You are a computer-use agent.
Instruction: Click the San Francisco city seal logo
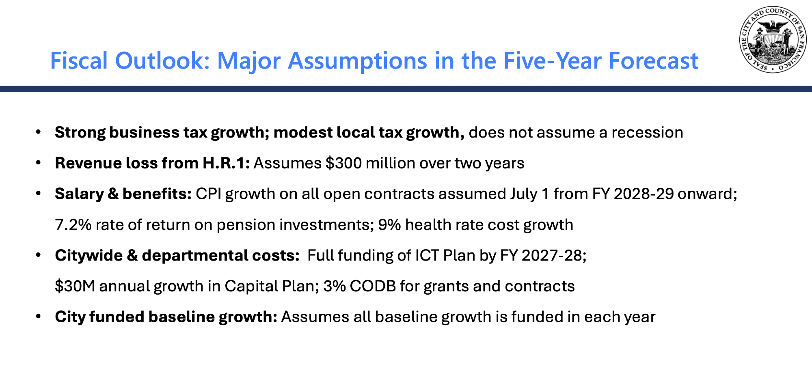[773, 40]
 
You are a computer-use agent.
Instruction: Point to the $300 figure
[343, 163]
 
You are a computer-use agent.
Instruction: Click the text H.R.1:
[226, 163]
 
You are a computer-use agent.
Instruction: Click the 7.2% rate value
[73, 225]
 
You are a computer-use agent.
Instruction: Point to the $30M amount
[75, 286]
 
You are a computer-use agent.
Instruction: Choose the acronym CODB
[373, 287]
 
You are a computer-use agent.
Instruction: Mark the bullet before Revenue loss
[39, 163]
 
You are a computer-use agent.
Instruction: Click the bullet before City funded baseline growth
[39, 317]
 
